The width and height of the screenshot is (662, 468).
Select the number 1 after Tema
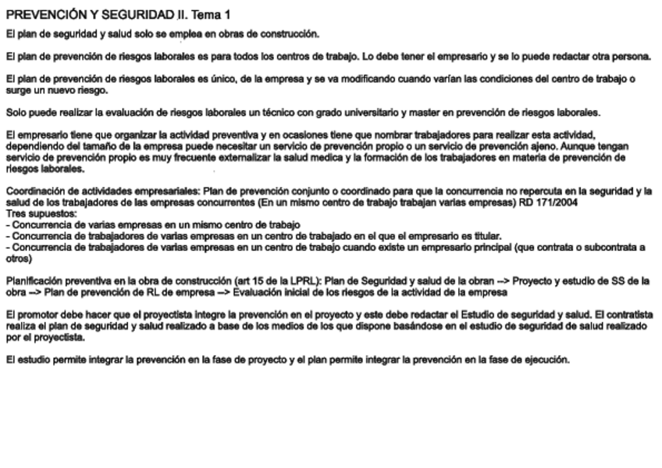pos(226,15)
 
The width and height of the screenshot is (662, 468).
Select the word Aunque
pos(564,146)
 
